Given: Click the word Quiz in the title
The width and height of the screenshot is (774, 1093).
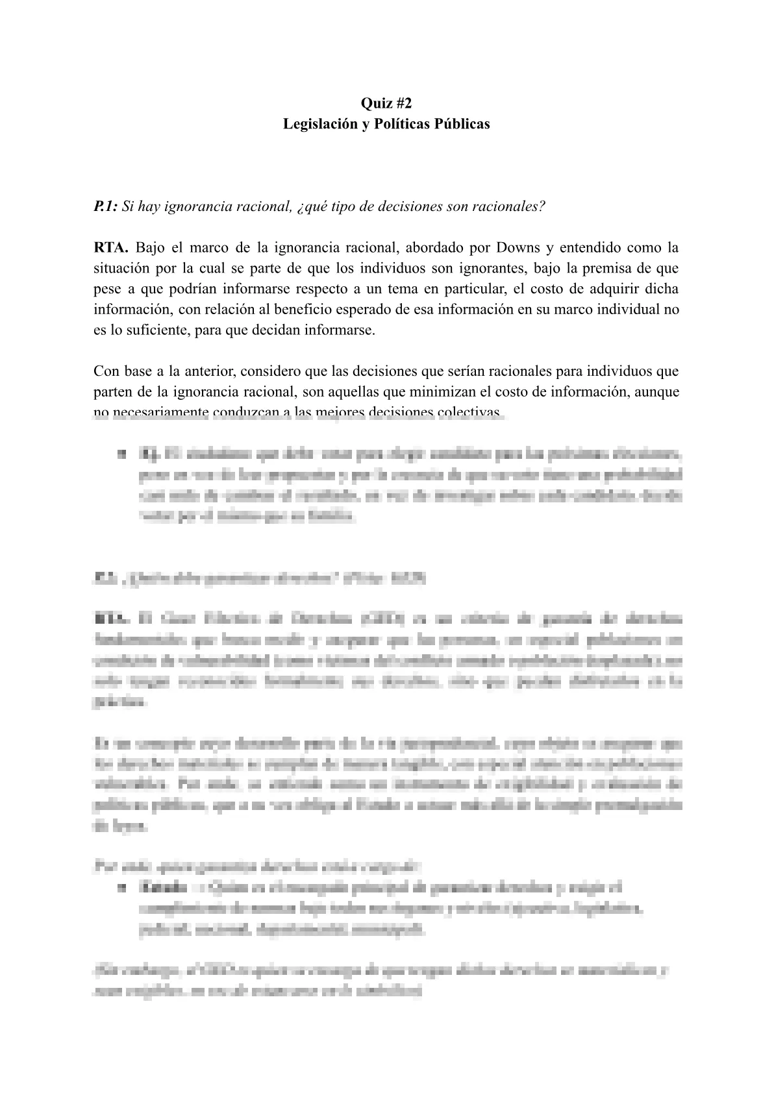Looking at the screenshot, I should [x=375, y=103].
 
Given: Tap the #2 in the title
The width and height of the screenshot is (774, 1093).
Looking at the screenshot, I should [x=403, y=103].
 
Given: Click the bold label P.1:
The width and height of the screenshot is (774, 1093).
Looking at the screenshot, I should [x=105, y=206].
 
